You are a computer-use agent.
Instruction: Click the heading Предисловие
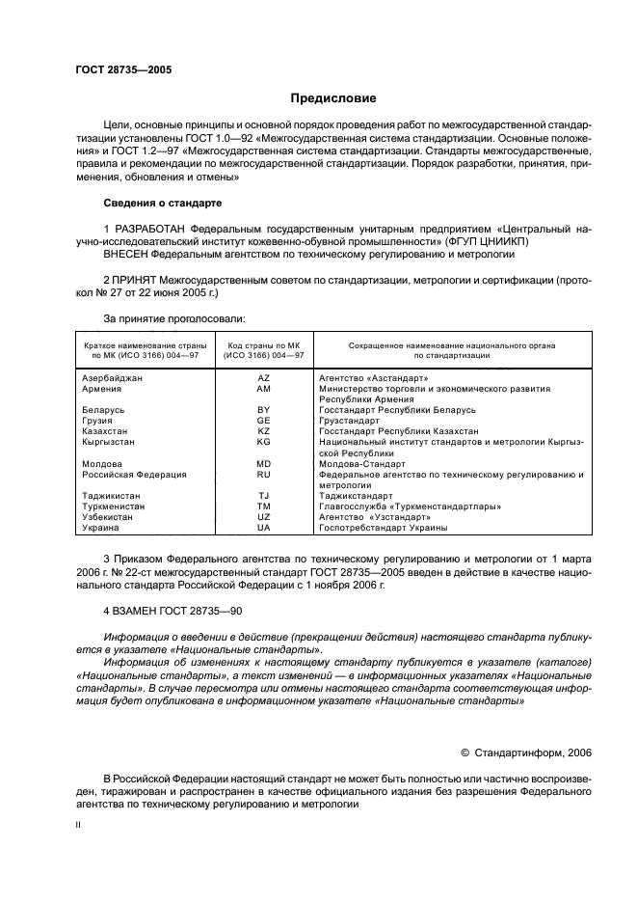tap(333, 99)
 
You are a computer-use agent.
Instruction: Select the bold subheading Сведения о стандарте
tap(162, 205)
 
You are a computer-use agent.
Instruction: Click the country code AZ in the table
tap(264, 378)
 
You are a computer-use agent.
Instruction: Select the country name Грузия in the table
tap(97, 421)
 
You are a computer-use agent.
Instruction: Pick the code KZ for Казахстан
tap(264, 431)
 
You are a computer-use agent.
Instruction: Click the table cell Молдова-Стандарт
tap(362, 464)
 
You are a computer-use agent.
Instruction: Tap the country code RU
tap(264, 475)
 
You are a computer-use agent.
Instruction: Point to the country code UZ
tap(264, 517)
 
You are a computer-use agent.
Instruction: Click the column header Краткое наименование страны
tap(141, 344)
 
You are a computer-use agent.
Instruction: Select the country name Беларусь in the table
tap(102, 410)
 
